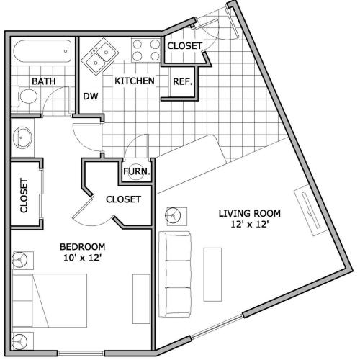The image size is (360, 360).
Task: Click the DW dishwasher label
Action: [91, 96]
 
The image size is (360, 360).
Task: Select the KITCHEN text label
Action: [135, 81]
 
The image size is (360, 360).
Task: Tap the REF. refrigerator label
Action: [182, 82]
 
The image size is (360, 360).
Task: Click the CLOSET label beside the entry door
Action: [185, 46]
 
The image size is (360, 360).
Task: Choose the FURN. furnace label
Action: [137, 172]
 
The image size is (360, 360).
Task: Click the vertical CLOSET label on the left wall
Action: [23, 196]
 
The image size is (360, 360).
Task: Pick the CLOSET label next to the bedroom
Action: [122, 199]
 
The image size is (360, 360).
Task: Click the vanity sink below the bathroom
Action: [23, 137]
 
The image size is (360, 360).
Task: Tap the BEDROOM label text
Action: [83, 246]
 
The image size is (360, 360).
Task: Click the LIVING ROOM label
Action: [250, 213]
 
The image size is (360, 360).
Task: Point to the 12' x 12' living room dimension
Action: [250, 225]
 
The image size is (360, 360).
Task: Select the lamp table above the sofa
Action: [174, 215]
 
